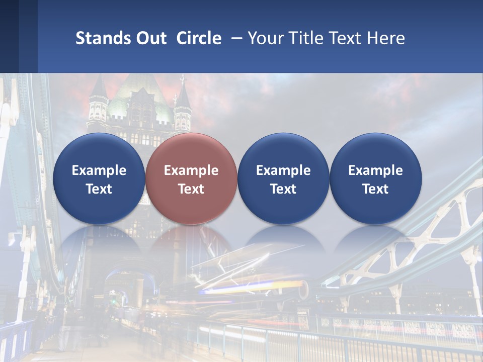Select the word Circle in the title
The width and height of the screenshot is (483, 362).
pyautogui.click(x=199, y=38)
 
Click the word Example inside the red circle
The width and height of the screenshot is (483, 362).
pyautogui.click(x=191, y=170)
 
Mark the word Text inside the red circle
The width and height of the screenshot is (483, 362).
pyautogui.click(x=191, y=189)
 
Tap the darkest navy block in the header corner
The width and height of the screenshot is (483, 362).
pyautogui.click(x=9, y=36)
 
